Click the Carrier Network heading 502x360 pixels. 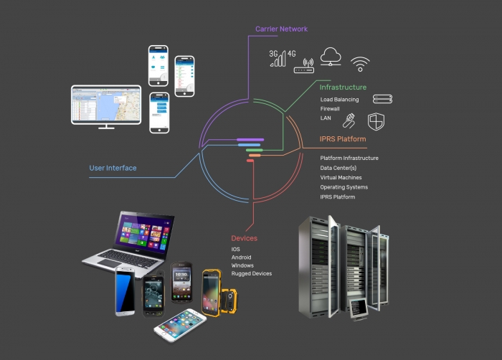click(x=281, y=29)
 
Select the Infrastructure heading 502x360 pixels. click(x=343, y=87)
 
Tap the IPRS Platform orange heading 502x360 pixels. click(x=343, y=139)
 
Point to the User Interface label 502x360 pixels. click(x=113, y=169)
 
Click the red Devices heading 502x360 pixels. click(x=244, y=238)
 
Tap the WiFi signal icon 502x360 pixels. click(x=361, y=64)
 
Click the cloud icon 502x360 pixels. click(x=331, y=57)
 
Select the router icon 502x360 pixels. click(x=304, y=66)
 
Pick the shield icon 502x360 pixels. click(x=376, y=120)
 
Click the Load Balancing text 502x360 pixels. click(x=339, y=100)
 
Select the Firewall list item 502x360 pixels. click(x=330, y=109)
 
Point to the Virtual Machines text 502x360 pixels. click(x=341, y=177)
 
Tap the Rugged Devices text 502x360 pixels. click(x=251, y=273)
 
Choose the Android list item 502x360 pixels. click(x=242, y=257)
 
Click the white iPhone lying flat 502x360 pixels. click(x=179, y=326)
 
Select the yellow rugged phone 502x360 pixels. click(x=212, y=293)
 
